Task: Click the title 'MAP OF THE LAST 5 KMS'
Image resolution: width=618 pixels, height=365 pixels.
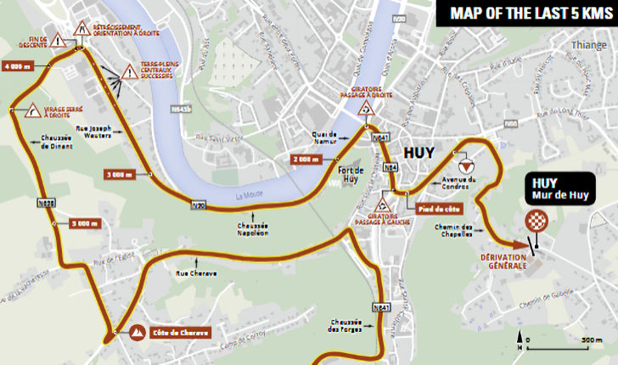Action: click(525, 13)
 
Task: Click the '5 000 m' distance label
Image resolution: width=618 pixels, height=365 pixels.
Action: click(84, 224)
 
